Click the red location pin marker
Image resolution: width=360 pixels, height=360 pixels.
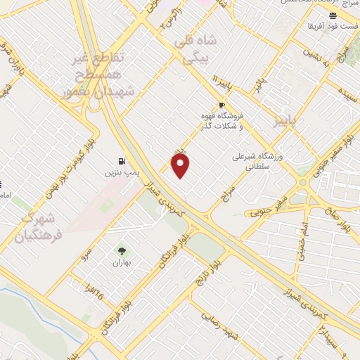[181, 167]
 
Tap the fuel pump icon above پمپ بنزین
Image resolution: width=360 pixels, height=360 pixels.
[123, 160]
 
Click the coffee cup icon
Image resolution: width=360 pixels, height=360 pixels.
[222, 105]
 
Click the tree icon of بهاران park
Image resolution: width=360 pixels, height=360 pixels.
[122, 250]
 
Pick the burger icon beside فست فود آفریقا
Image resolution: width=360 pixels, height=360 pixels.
[333, 15]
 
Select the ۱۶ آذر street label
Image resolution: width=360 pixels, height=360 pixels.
[92, 286]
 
